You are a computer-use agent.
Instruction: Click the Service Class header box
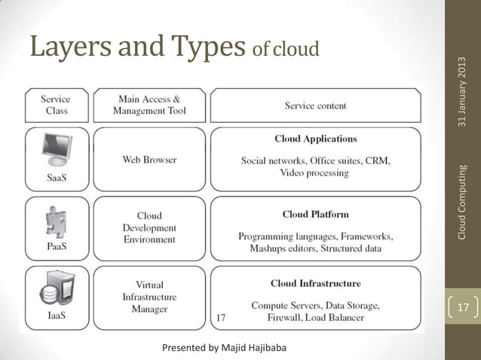[57, 105]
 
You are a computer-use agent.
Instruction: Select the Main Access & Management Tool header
[149, 105]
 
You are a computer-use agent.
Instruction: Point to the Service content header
[315, 105]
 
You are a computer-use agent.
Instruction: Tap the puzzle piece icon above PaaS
[54, 218]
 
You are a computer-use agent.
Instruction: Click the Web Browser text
[149, 160]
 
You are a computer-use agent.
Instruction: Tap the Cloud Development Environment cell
[149, 227]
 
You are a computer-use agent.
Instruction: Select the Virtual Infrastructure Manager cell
[149, 297]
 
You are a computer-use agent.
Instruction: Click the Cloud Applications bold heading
[315, 139]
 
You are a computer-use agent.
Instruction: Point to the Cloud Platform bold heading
[315, 214]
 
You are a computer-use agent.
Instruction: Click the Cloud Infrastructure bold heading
[315, 283]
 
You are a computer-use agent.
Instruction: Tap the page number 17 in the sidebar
[463, 308]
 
